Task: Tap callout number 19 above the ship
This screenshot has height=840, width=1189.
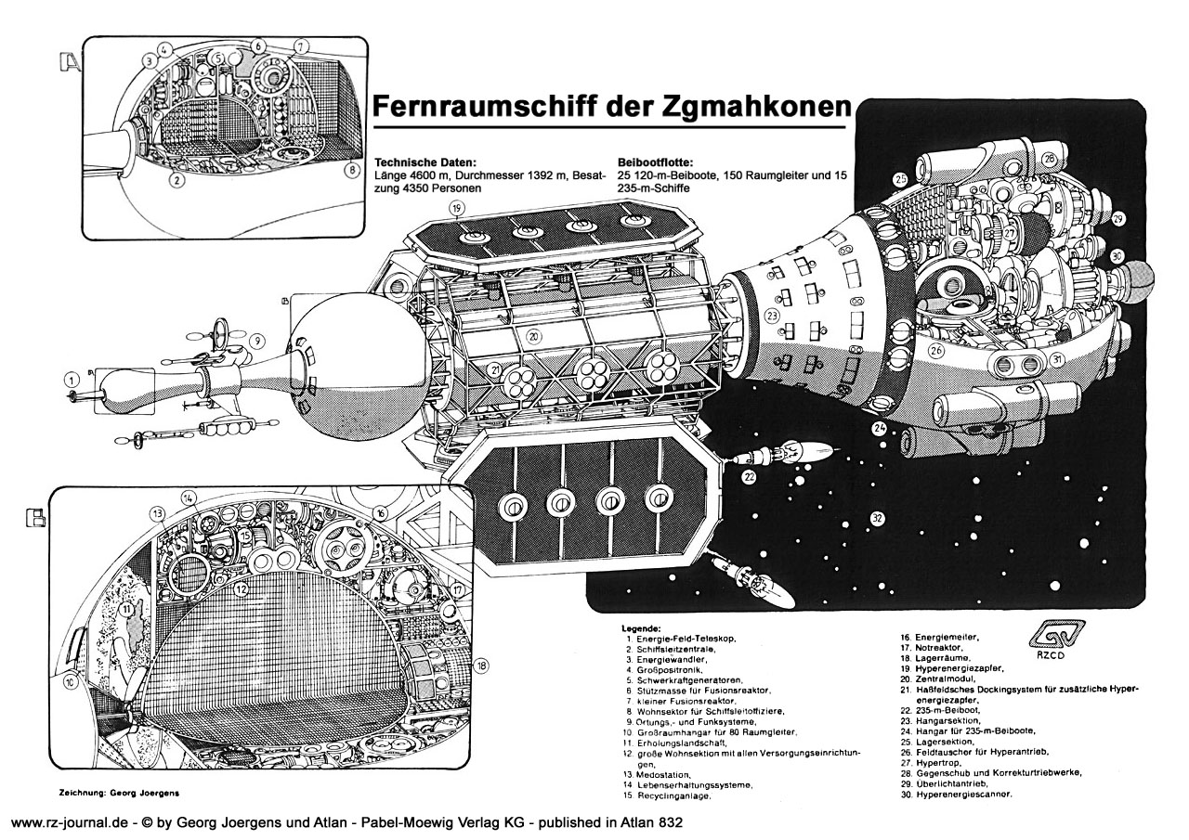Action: tap(456, 208)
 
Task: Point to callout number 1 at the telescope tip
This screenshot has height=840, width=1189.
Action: tap(70, 379)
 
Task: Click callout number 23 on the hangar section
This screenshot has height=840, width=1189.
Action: tap(772, 316)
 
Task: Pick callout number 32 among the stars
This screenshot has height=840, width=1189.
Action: tap(878, 518)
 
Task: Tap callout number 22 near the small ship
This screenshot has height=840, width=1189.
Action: tap(749, 477)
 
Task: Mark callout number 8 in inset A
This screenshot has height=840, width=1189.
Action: tap(352, 170)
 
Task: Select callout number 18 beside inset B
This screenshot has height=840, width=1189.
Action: tap(480, 666)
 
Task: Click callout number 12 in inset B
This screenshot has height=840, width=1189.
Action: tap(240, 588)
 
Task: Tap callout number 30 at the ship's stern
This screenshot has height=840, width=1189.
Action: tap(1117, 255)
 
